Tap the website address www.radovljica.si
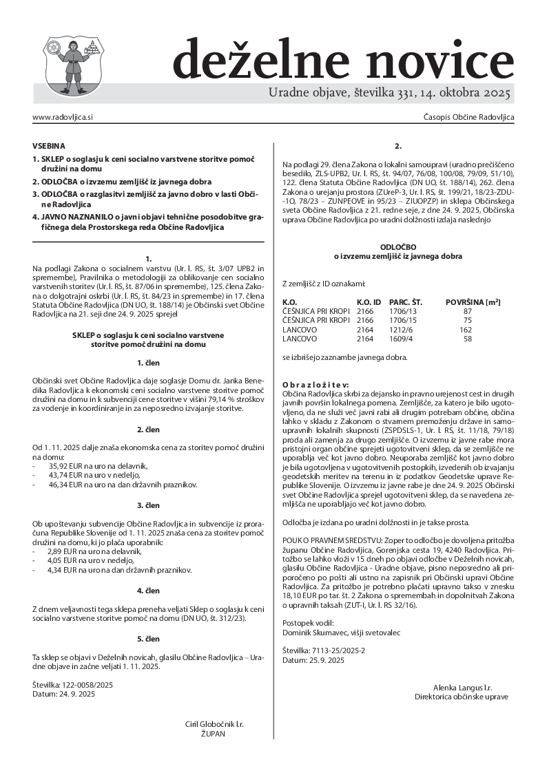63,118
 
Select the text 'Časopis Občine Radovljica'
468,118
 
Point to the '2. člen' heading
148,430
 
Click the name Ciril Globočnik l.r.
214,725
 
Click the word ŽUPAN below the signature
214,734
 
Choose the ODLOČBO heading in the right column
398,246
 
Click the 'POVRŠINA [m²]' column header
473,302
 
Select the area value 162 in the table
465,330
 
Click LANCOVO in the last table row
300,339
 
